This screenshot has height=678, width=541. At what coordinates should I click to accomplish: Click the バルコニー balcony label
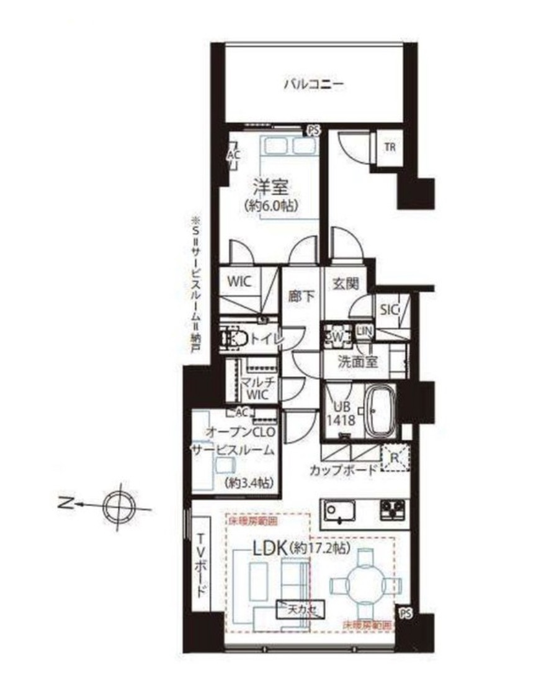(313, 84)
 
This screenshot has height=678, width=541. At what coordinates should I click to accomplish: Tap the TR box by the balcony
(390, 147)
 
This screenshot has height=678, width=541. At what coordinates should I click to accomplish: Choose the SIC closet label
(388, 308)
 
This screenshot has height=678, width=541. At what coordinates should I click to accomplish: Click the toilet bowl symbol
(235, 338)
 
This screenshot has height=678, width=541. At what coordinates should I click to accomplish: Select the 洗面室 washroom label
(358, 363)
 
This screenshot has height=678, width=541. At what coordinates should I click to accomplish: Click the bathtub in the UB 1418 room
(380, 410)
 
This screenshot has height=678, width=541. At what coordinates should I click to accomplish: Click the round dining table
(365, 584)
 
